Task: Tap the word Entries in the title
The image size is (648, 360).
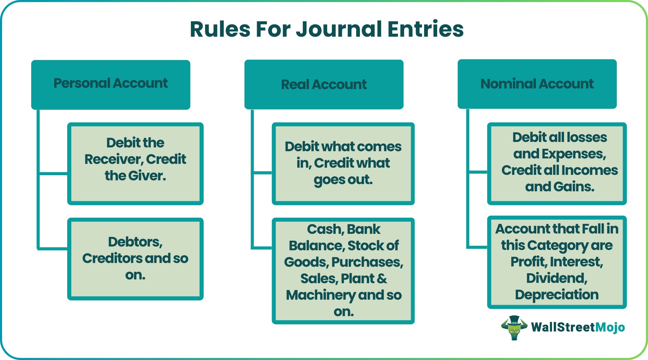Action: pyautogui.click(x=425, y=29)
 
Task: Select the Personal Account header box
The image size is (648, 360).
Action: pyautogui.click(x=111, y=84)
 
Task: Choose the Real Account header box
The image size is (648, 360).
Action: pyautogui.click(x=324, y=84)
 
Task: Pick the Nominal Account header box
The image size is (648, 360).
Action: pyautogui.click(x=537, y=84)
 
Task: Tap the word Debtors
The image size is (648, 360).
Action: pyautogui.click(x=135, y=242)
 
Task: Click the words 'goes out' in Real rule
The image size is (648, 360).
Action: pyautogui.click(x=343, y=180)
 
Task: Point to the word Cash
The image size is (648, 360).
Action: pyautogui.click(x=322, y=229)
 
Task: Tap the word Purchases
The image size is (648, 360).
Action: pyautogui.click(x=367, y=262)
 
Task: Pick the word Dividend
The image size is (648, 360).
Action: pyautogui.click(x=556, y=278)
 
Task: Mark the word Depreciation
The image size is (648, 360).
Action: pyautogui.click(x=556, y=295)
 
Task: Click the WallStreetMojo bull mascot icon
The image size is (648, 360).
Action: pyautogui.click(x=514, y=327)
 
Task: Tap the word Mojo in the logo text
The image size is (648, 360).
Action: pyautogui.click(x=610, y=327)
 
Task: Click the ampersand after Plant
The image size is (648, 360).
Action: pyautogui.click(x=382, y=279)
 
